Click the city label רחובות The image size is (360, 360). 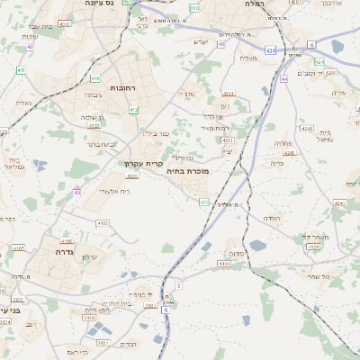pyautogui.click(x=122, y=88)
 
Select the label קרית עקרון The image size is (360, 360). pyautogui.click(x=143, y=164)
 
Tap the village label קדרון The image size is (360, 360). pyautogui.click(x=88, y=257)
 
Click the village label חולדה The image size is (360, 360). pyautogui.click(x=272, y=218)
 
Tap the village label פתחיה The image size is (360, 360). pyautogui.click(x=282, y=142)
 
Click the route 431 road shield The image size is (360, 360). pyautogui.click(x=271, y=51)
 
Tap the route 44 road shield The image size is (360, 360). pyautogui.click(x=284, y=78)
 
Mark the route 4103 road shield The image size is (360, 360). pyautogui.click(x=102, y=222)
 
